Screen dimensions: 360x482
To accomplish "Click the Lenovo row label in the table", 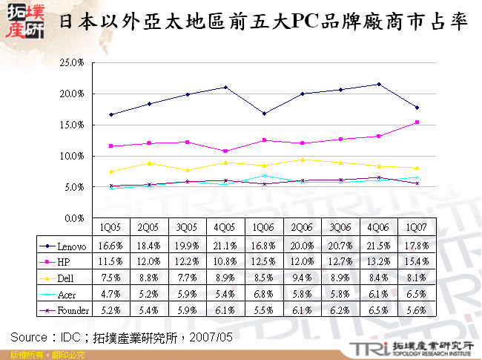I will [70, 246].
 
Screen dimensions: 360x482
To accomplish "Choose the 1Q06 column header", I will [265, 229].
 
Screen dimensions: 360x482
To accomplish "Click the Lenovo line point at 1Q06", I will [265, 114].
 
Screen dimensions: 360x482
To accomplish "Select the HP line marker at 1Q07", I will [417, 122].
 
